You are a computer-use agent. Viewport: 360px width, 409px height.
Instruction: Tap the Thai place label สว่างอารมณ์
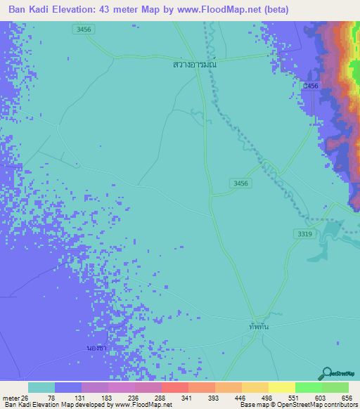tap(194, 64)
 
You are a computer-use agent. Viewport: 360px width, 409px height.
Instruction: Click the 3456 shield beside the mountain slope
tap(309, 85)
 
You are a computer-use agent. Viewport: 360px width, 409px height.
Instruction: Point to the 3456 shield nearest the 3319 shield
tap(240, 183)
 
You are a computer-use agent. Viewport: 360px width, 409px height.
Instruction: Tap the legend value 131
tap(86, 398)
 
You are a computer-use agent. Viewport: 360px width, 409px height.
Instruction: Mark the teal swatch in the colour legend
tap(41, 387)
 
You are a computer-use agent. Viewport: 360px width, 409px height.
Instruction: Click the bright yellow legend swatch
tap(281, 387)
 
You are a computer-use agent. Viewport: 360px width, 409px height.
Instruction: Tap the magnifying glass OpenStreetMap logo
tap(328, 373)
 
